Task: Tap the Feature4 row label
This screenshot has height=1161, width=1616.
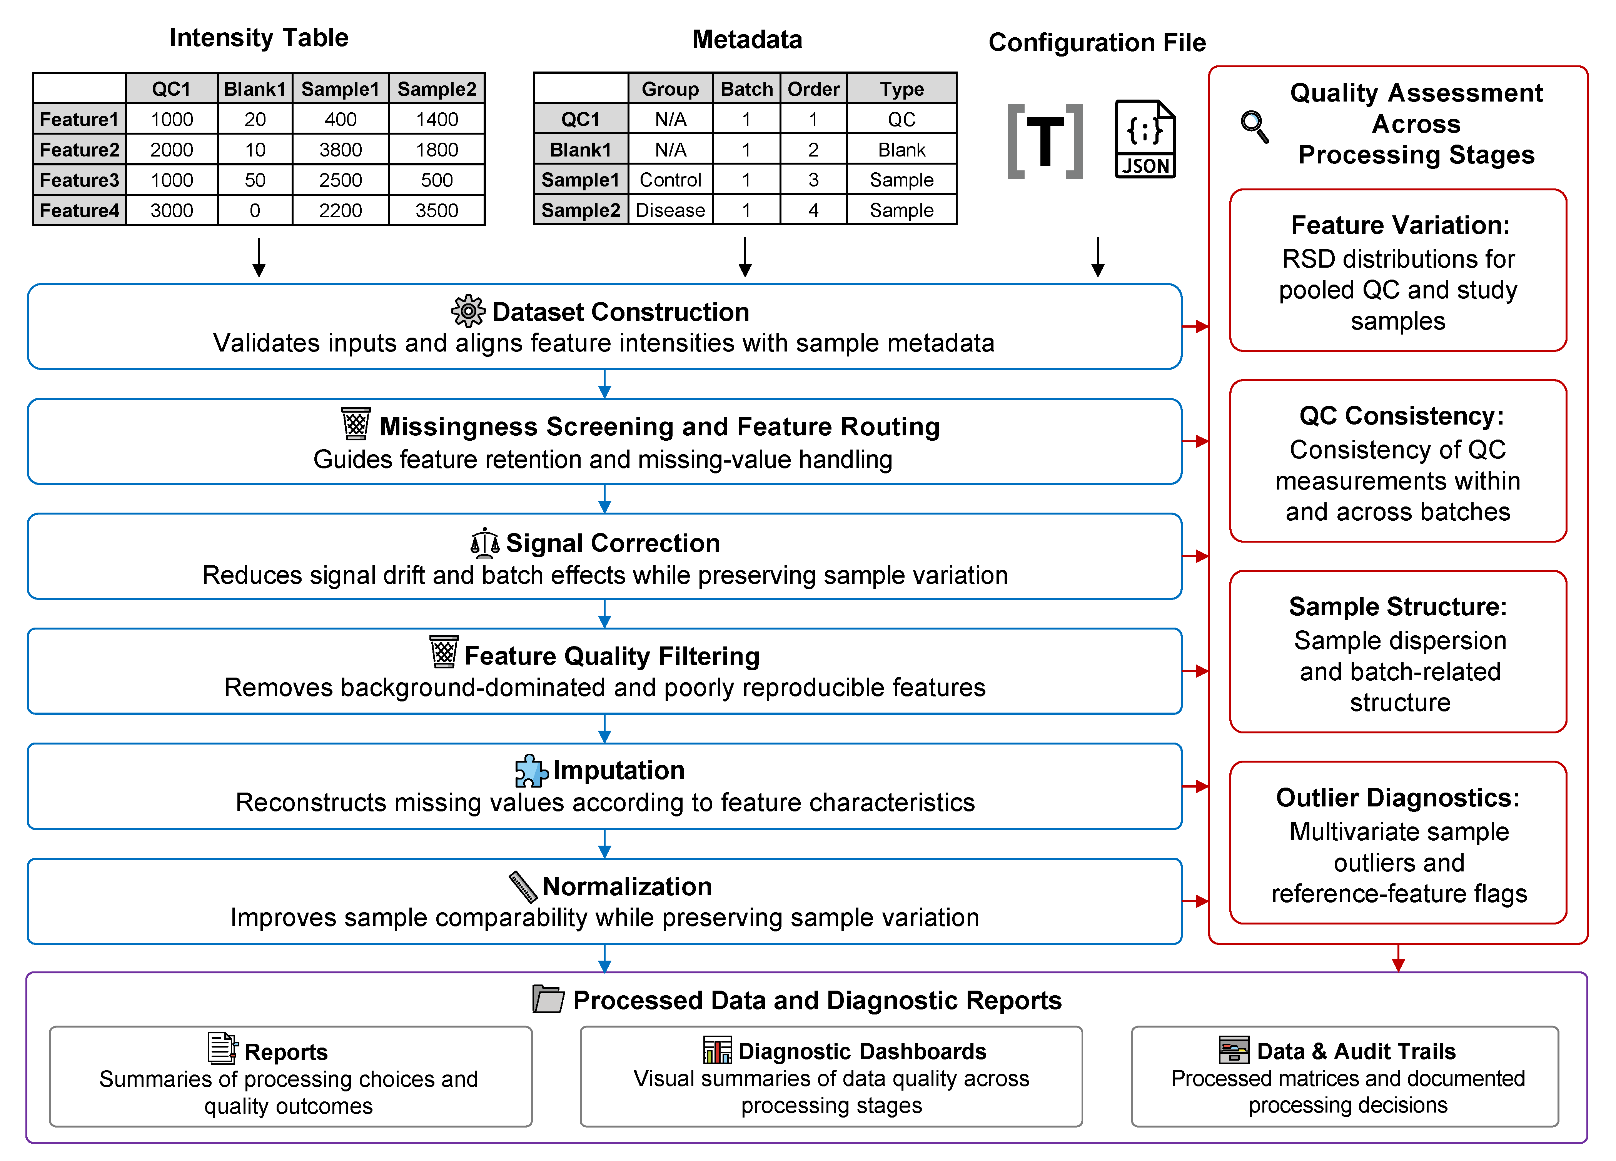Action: click(79, 210)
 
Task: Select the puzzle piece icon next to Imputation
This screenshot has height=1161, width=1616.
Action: click(531, 770)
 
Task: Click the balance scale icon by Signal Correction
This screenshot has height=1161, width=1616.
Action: click(485, 543)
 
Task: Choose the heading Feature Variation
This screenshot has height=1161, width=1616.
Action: click(1400, 225)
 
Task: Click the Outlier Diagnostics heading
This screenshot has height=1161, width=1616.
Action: click(1398, 798)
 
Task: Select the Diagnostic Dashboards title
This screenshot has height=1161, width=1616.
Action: click(862, 1051)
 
